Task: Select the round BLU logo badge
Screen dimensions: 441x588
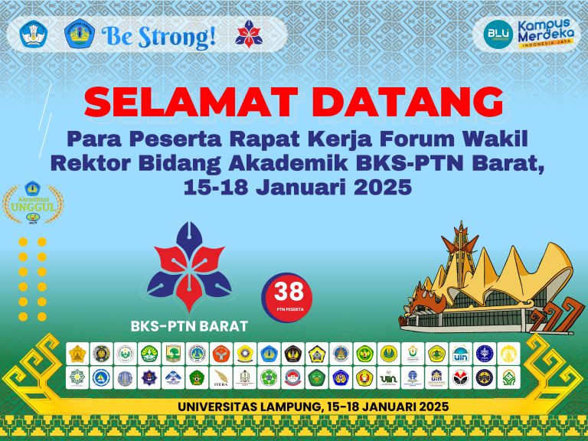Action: pyautogui.click(x=498, y=33)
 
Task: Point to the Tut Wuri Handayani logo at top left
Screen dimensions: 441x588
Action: pyautogui.click(x=33, y=34)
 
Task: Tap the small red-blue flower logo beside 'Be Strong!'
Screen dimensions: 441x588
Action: pyautogui.click(x=249, y=33)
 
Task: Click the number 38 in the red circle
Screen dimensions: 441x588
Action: pyautogui.click(x=289, y=291)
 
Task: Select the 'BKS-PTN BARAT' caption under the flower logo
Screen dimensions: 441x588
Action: pyautogui.click(x=189, y=325)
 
